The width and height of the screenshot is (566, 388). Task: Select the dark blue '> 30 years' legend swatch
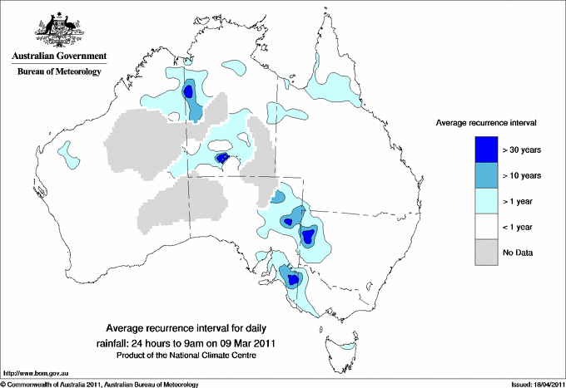point(485,150)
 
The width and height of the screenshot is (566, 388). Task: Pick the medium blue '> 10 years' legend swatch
point(485,175)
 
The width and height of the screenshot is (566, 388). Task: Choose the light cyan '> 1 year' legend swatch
point(485,201)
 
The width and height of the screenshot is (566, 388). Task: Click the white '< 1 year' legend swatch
point(485,227)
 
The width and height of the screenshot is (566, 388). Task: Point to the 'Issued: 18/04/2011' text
point(531,384)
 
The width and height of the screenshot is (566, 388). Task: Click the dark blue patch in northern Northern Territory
point(189,91)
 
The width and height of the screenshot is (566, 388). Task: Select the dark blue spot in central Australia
point(222,158)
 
